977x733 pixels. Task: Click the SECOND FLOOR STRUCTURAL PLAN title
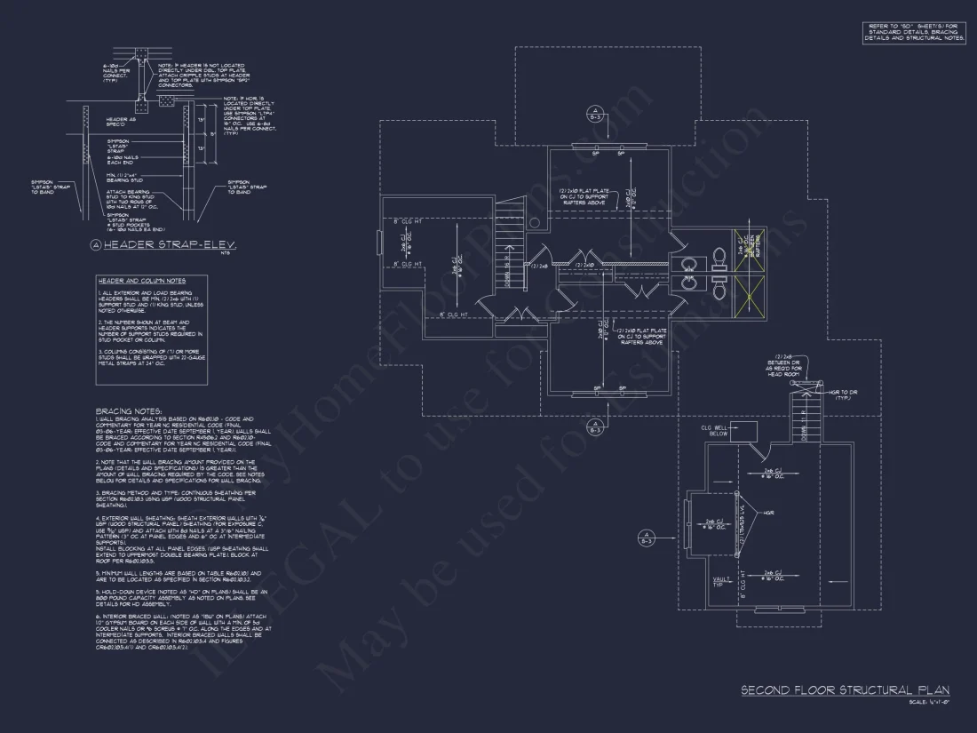(x=845, y=690)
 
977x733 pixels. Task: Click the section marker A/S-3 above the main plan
(x=595, y=115)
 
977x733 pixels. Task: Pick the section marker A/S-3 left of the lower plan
(x=647, y=538)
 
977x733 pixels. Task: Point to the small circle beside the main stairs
(x=534, y=222)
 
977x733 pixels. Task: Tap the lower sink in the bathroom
(x=688, y=283)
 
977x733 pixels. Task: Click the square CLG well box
(x=744, y=430)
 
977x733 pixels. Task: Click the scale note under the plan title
(x=928, y=703)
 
